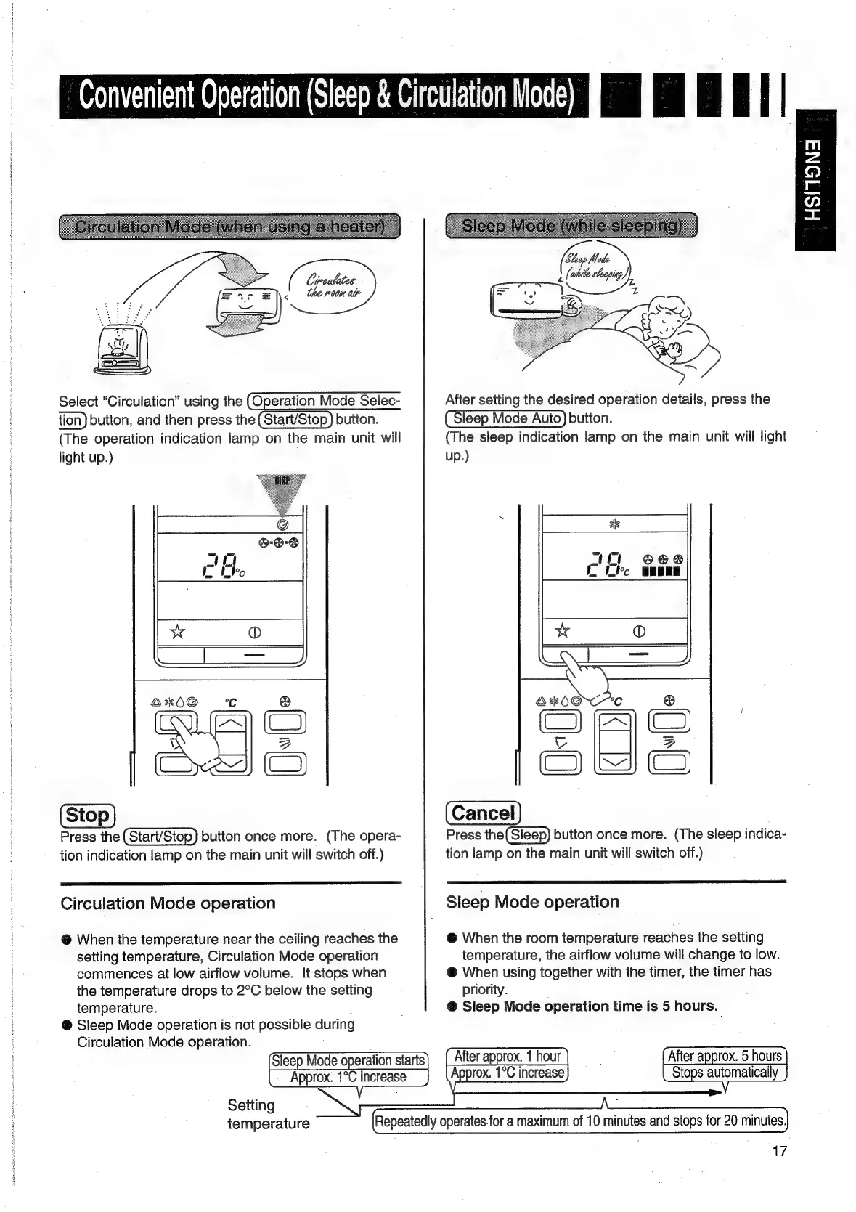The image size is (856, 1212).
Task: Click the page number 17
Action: pos(779,1151)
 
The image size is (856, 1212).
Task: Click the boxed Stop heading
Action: pos(88,816)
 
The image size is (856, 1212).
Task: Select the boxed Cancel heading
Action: pos(483,813)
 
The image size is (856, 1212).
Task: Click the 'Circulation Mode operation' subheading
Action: pos(168,903)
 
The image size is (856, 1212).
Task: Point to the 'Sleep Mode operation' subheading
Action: pos(532,902)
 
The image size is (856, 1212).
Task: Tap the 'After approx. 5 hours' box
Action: pos(725,1065)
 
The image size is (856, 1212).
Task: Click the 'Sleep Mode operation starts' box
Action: pos(348,1069)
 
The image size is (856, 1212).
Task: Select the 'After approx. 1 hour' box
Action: pos(507,1065)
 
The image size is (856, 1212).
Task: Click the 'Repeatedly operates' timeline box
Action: pos(579,1121)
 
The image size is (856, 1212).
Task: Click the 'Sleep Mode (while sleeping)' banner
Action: pos(571,225)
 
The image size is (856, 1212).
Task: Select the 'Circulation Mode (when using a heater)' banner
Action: pos(229,226)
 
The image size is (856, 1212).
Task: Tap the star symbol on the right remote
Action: pos(563,630)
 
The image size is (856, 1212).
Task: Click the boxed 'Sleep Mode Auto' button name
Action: pos(506,418)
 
